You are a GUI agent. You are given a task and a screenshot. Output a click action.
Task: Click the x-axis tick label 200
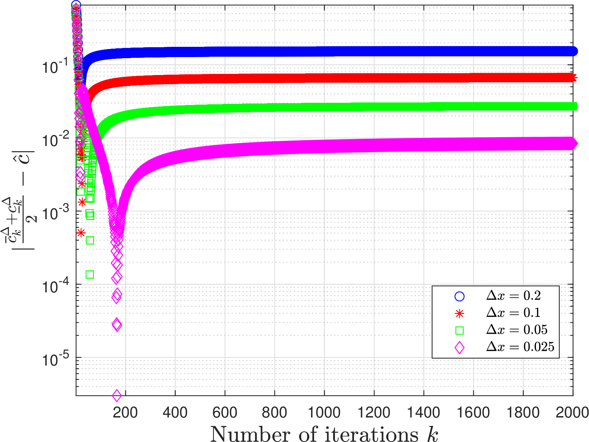coord(125,413)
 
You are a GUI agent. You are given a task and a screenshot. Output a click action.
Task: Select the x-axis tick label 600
coord(225,413)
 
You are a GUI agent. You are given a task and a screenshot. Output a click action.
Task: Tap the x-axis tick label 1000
coord(324,413)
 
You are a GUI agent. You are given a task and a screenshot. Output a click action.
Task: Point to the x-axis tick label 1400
coord(424,413)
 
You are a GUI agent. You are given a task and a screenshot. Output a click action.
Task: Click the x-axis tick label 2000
coord(572,413)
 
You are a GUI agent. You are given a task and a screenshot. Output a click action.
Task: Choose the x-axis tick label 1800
coord(523,413)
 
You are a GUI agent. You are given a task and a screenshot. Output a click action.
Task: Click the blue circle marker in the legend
coord(459,296)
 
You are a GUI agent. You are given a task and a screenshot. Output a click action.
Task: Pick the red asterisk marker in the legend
coord(459,314)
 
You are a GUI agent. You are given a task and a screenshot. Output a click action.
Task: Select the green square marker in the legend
coord(459,330)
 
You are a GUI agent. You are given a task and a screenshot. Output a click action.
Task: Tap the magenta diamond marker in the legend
coord(459,348)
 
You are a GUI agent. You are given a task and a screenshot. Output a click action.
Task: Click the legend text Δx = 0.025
coord(520,347)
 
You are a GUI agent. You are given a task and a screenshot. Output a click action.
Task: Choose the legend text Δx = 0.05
coord(517,330)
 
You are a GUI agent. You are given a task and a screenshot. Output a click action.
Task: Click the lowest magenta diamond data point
coord(117,395)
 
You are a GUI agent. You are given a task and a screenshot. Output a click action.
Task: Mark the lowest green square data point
coord(90,274)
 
